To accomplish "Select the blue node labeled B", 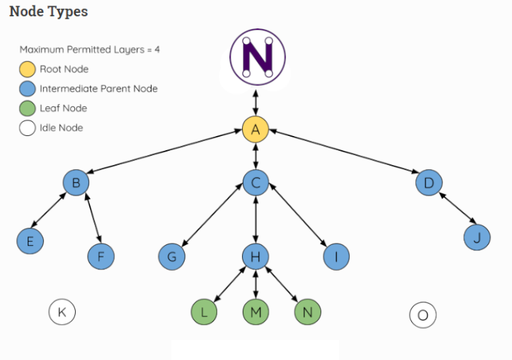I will click(76, 182).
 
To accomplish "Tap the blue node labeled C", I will click(256, 182).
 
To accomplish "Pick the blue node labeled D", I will click(429, 182).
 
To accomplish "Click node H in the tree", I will click(256, 256).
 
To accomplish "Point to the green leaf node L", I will click(204, 311).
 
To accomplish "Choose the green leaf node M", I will click(256, 311).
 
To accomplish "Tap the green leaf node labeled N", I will click(308, 311).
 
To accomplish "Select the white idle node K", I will click(62, 312).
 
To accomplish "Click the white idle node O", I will click(423, 315).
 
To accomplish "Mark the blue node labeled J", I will click(477, 237).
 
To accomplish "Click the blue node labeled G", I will click(172, 256).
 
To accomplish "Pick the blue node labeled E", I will click(30, 241).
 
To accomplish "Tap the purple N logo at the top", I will click(257, 57).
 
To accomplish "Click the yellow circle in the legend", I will click(27, 69).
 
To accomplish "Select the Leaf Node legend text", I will click(63, 108).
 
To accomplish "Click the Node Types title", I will click(48, 12).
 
